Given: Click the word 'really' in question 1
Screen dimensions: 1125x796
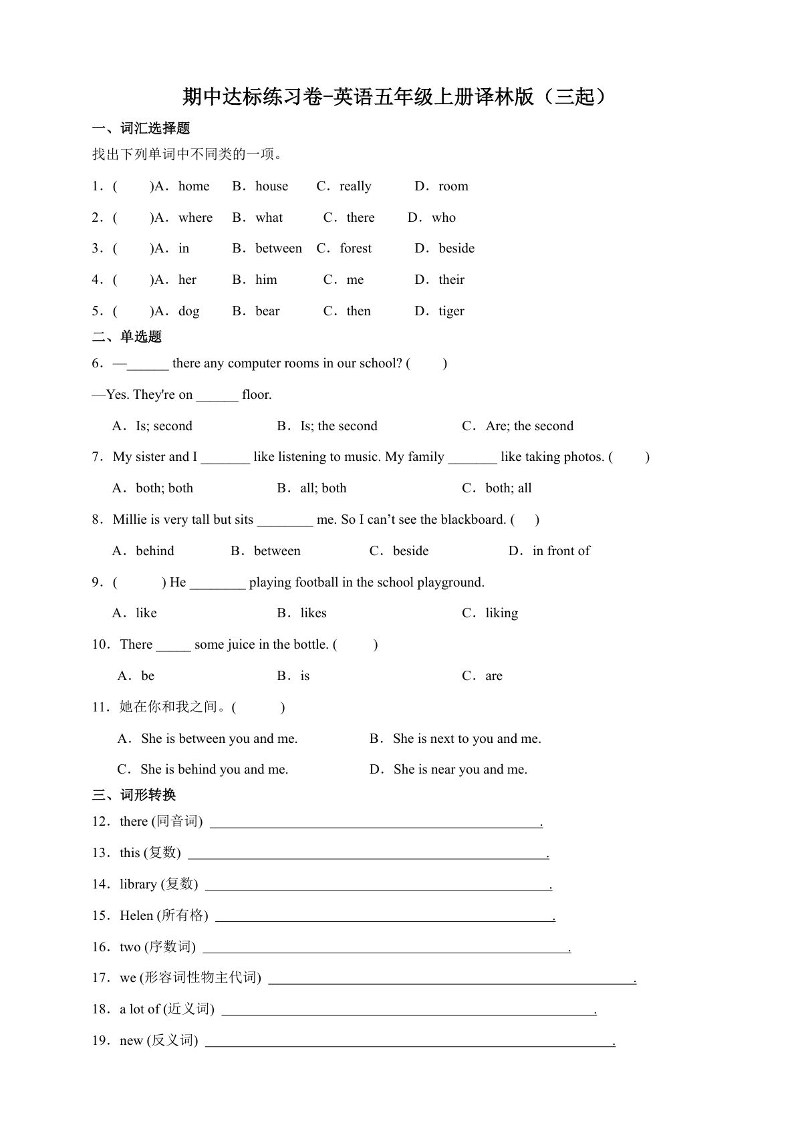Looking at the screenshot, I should pos(355,186).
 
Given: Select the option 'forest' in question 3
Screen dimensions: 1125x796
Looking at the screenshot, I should pos(355,249).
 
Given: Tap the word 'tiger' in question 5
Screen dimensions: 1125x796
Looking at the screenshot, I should pos(451,311).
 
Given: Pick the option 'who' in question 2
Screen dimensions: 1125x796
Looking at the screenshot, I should pos(443,218).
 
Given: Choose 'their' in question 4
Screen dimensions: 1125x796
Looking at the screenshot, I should pos(451,280).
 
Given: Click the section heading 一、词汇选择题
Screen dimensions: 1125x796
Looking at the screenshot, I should pos(141,128).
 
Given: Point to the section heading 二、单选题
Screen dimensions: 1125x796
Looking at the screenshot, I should pos(127,337).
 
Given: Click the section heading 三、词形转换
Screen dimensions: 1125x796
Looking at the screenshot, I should pos(134,795).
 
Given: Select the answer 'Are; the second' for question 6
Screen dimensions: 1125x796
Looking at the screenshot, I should pos(529,426).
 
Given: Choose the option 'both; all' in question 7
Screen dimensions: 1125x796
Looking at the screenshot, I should pos(508,488).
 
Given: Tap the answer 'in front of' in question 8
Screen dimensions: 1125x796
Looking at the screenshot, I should pos(561,551).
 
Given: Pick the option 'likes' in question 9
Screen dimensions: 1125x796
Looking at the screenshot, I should pos(313,613).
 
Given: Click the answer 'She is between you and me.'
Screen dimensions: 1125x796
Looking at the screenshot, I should pos(219,739).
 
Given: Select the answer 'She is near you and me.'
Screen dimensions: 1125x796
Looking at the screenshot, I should pos(460,770).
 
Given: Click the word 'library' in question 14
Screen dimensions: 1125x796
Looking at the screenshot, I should pos(138,885).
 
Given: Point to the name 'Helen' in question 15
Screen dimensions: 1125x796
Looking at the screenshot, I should pos(136,916).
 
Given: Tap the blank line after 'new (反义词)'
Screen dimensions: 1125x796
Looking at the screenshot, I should pos(409,1042).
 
